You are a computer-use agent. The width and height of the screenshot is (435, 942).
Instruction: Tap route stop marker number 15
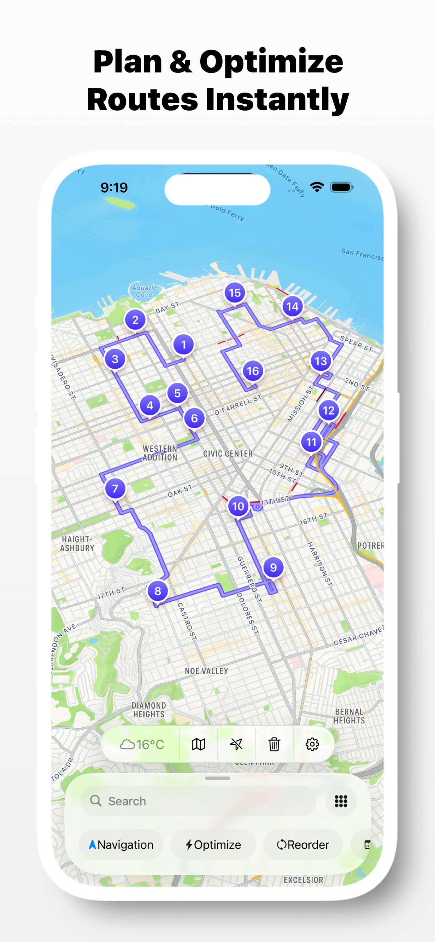point(234,293)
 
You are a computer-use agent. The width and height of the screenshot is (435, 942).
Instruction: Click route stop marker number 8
point(158,591)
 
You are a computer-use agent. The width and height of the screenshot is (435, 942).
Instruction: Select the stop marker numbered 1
point(183,345)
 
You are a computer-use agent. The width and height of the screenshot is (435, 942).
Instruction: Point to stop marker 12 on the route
point(329,411)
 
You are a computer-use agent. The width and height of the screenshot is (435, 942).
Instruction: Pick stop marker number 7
point(115,489)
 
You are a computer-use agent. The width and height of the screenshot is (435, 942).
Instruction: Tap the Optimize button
point(213,845)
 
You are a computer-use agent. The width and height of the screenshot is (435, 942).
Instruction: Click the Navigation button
point(121,845)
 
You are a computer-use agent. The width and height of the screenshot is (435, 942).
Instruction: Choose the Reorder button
point(303,845)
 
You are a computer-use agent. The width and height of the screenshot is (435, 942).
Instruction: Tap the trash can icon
point(274,744)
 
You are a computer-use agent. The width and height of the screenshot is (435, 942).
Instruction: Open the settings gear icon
point(312,744)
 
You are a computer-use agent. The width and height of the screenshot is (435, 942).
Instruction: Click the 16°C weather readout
point(142,744)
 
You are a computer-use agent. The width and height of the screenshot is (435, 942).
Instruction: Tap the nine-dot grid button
point(341,801)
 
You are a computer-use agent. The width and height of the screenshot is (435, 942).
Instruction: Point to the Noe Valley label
point(206,671)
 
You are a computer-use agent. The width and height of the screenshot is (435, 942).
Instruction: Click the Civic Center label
point(228,454)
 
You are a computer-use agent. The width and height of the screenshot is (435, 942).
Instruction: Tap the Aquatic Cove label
point(144,291)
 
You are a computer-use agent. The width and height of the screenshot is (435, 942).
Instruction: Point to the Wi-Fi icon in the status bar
point(317,187)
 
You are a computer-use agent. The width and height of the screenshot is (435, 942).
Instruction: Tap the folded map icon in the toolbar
point(199,744)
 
